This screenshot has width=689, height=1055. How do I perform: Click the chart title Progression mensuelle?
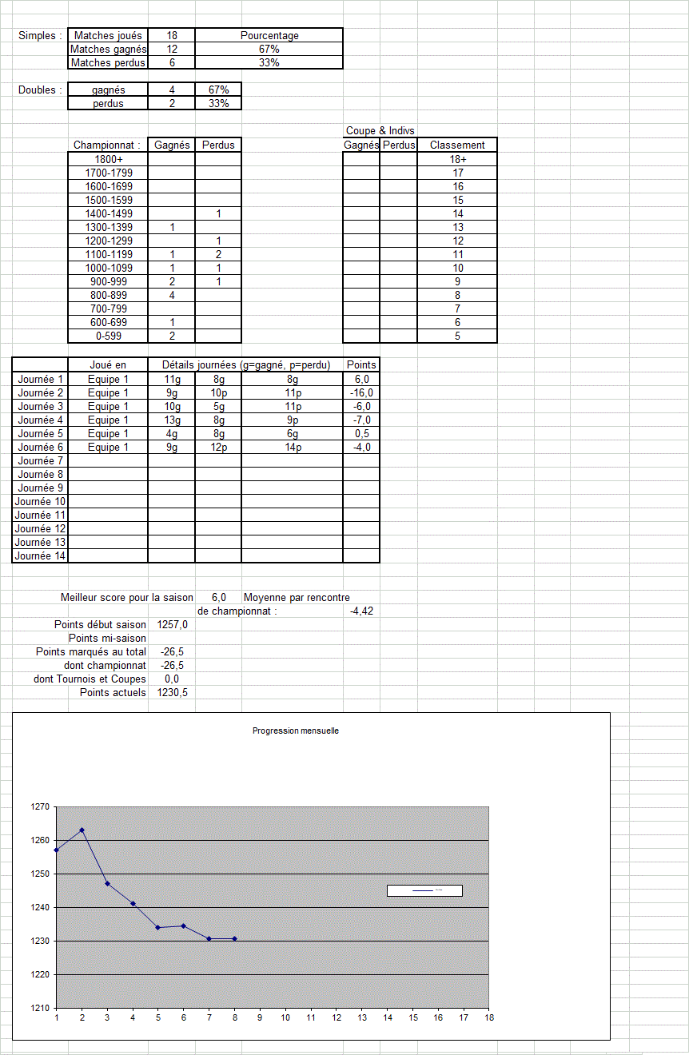click(x=295, y=731)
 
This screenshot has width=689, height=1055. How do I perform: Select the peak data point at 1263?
click(x=82, y=830)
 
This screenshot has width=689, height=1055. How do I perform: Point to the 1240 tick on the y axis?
click(x=40, y=907)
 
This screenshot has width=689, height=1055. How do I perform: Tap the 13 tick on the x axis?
click(x=362, y=1017)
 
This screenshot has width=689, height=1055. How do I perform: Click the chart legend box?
click(x=424, y=890)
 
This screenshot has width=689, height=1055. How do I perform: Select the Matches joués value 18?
click(x=171, y=35)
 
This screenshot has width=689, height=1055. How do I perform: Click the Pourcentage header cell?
click(x=269, y=35)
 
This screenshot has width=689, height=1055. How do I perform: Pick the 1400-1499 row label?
click(x=109, y=213)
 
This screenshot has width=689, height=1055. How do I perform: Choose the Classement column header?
click(x=457, y=145)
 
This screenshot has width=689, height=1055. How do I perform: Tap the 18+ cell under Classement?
click(x=457, y=159)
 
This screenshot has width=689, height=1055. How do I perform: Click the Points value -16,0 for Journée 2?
click(x=361, y=392)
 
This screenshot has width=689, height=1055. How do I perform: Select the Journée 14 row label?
click(x=41, y=555)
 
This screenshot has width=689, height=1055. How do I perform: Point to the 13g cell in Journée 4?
click(x=172, y=420)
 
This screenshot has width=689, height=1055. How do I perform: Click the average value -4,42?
click(x=361, y=611)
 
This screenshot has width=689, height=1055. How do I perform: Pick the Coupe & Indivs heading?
click(x=380, y=130)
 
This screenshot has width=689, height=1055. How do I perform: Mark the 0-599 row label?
click(x=109, y=336)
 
